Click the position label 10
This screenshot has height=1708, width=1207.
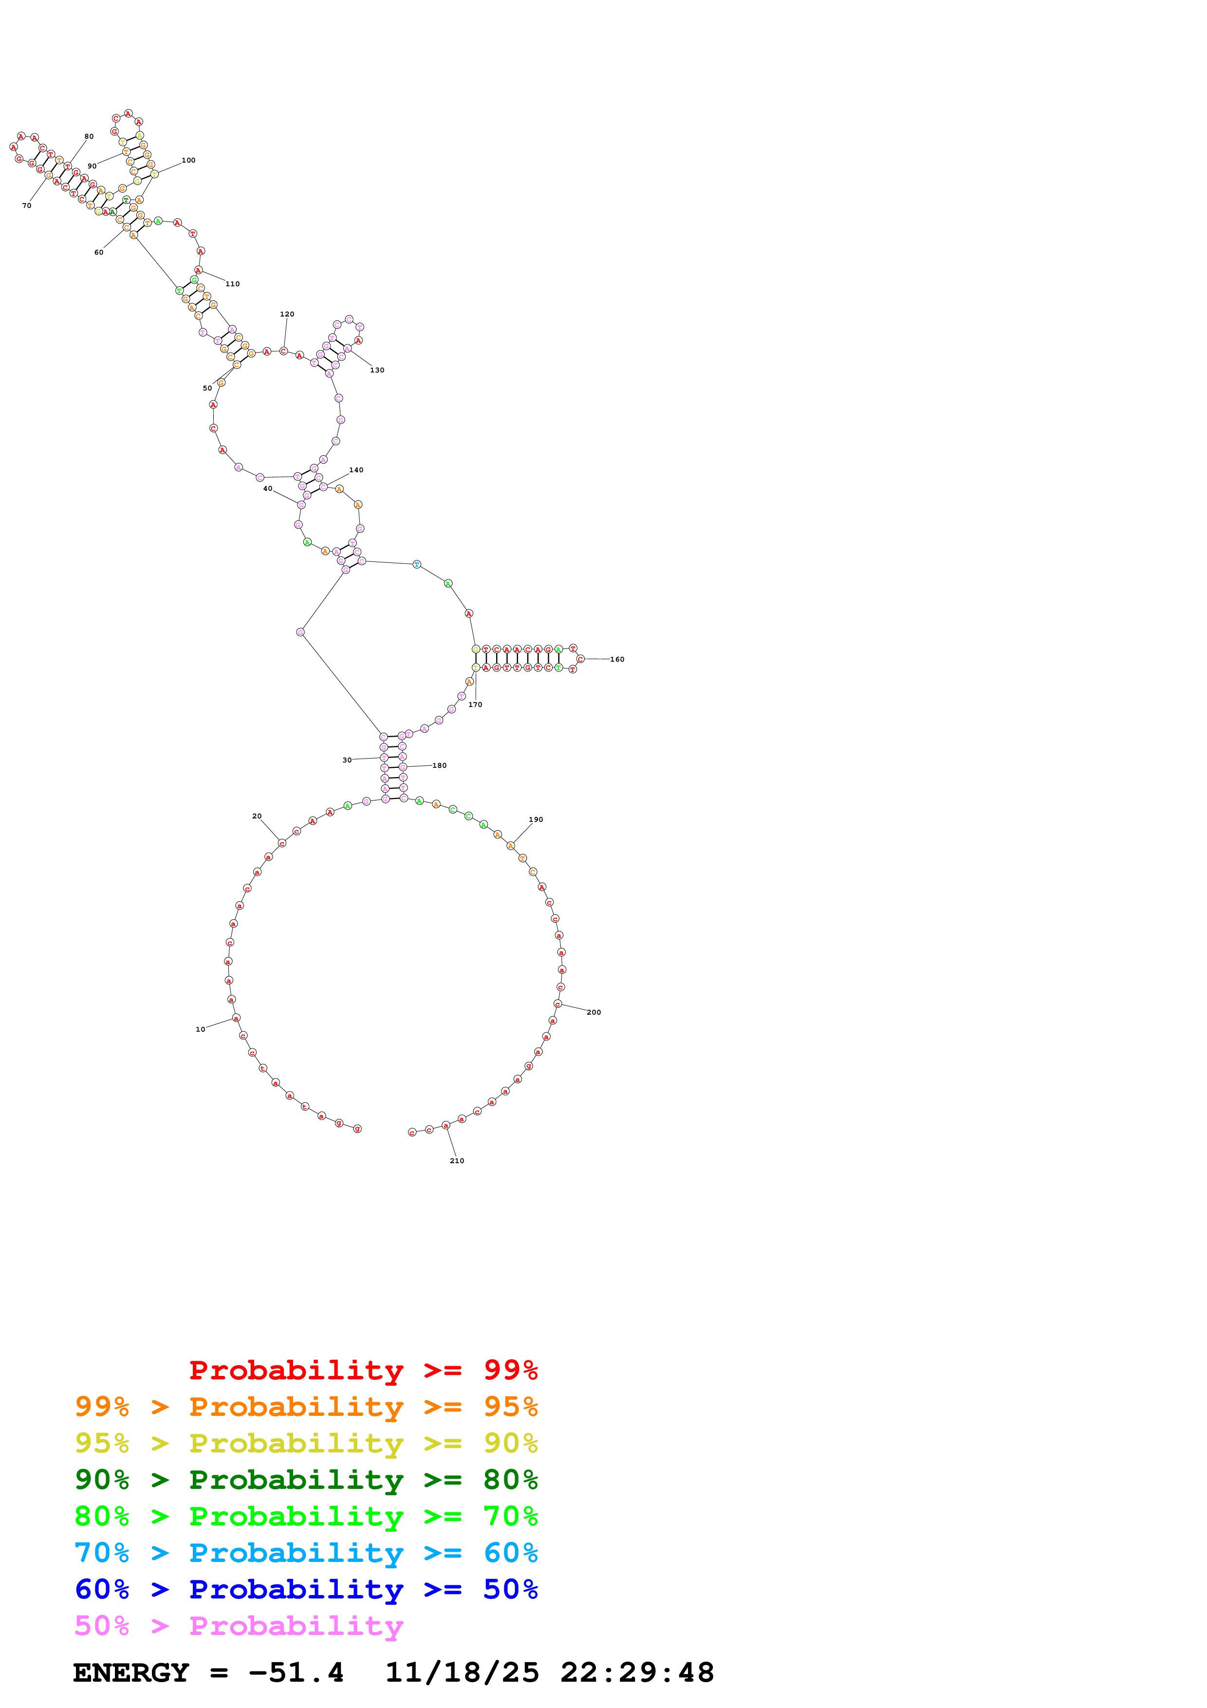[200, 1030]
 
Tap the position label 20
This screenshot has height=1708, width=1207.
[257, 816]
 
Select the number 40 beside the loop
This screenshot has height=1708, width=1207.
[268, 489]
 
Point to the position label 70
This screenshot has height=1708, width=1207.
[27, 205]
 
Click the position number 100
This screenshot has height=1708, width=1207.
[189, 160]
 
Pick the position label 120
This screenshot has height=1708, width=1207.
[287, 314]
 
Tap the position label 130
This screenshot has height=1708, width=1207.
[377, 370]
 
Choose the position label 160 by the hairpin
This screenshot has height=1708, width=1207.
[617, 659]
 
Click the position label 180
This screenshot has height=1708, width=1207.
[440, 765]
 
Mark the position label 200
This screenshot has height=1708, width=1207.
[594, 1012]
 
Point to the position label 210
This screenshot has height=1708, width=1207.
[457, 1160]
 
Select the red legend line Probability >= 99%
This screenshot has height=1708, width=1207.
[363, 1370]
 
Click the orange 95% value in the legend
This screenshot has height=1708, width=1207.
[510, 1407]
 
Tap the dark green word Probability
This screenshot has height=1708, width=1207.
[296, 1480]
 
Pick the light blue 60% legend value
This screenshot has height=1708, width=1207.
[510, 1553]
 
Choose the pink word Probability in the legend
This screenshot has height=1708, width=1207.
[296, 1626]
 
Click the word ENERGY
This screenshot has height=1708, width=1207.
[131, 1673]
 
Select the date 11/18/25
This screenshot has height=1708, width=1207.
[462, 1673]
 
